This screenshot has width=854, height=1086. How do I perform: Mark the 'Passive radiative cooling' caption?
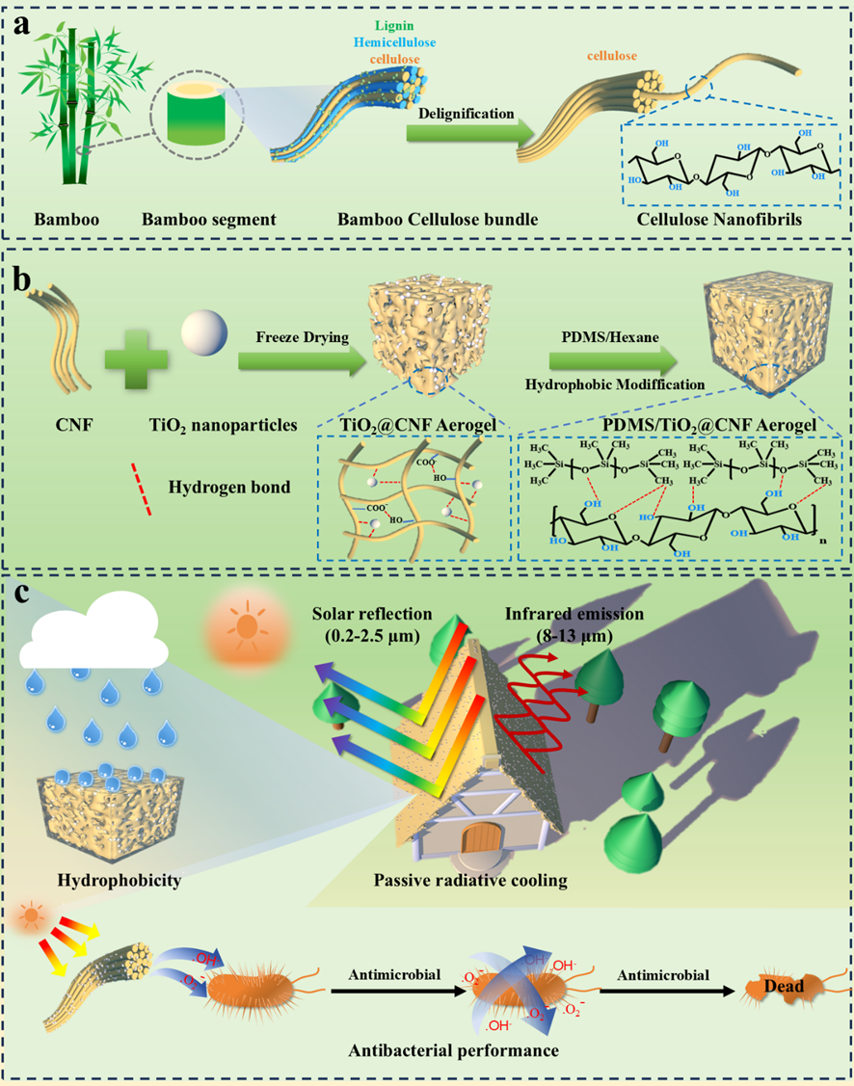click(x=469, y=880)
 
